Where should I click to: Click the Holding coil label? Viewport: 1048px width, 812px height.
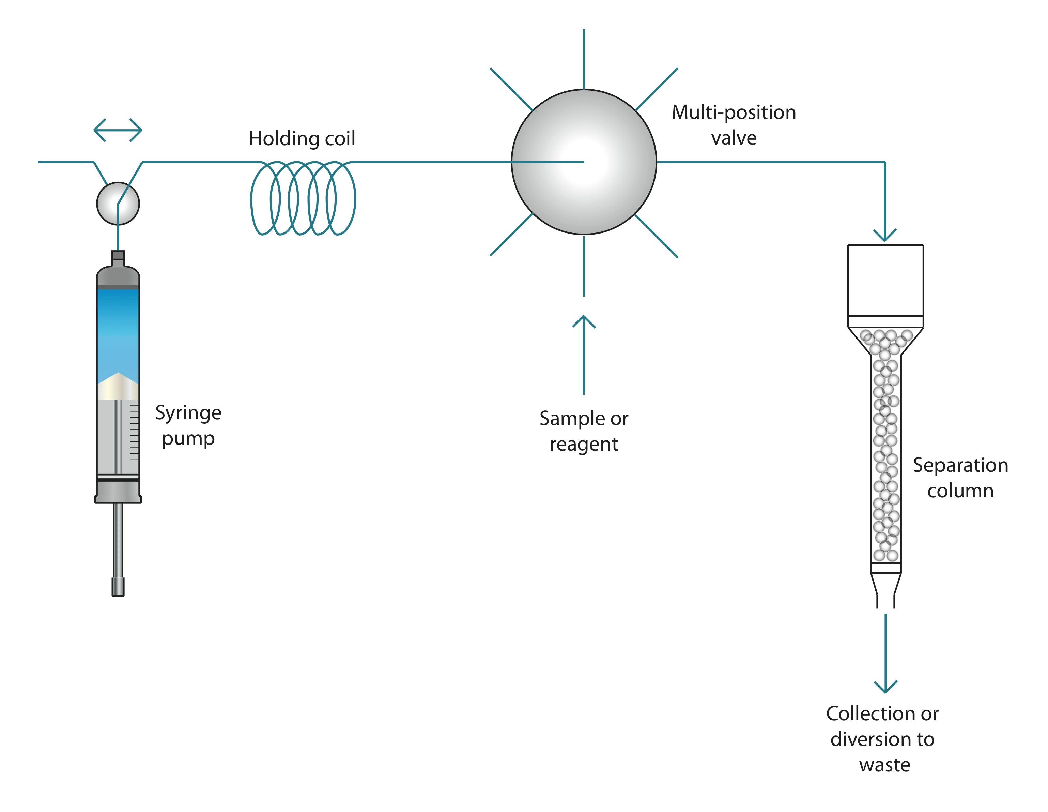[x=302, y=139]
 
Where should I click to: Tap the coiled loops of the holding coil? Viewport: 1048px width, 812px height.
[x=303, y=198]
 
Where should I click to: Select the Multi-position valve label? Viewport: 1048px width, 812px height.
[x=733, y=125]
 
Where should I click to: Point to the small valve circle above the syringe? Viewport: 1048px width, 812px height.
[x=118, y=204]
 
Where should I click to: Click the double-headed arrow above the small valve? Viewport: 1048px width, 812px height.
[x=118, y=130]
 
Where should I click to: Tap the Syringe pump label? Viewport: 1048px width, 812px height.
[x=188, y=425]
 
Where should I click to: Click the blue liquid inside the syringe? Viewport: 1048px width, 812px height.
[x=118, y=331]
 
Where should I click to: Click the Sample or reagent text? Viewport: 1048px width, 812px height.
[x=584, y=431]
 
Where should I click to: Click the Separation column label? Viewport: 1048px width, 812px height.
[x=960, y=478]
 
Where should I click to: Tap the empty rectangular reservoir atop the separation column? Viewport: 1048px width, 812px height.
[x=885, y=280]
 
